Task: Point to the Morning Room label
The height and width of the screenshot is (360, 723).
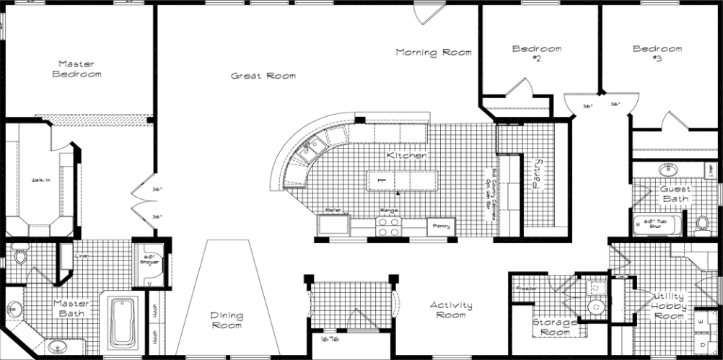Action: [x=433, y=52]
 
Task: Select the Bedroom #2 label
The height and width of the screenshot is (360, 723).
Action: [x=536, y=53]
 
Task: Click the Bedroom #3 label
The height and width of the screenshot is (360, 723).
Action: [x=657, y=53]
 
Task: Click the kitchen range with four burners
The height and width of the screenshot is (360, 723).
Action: [x=389, y=227]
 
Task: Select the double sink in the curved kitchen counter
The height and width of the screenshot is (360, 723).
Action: [x=312, y=149]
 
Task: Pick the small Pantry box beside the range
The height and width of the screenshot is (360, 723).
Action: [x=442, y=227]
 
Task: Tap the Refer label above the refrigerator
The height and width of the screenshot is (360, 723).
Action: [x=333, y=210]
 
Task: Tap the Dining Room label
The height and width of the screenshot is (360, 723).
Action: [x=226, y=320]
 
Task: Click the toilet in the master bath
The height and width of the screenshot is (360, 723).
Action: [x=19, y=256]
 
